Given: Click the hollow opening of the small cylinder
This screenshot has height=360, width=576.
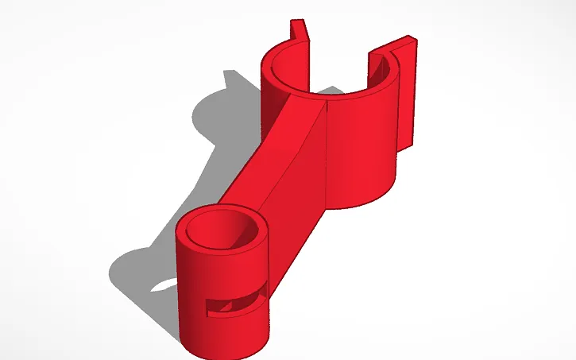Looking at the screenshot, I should tap(222, 230).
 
